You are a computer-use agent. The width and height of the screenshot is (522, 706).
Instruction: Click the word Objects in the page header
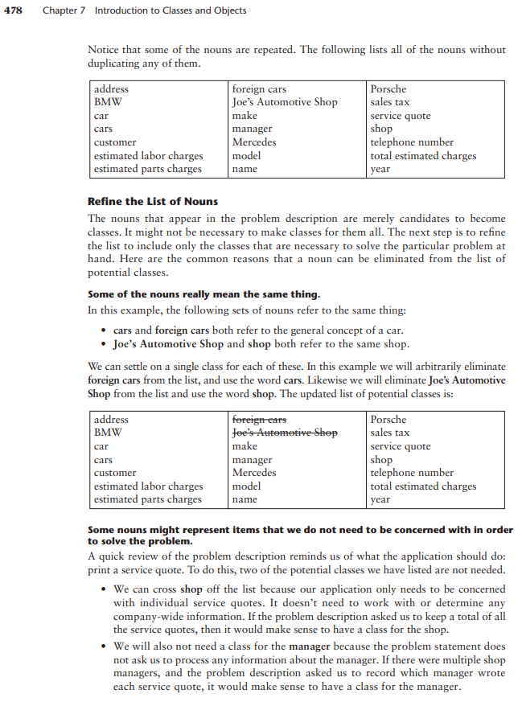(227, 11)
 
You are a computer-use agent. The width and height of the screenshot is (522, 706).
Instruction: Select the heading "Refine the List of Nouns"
(152, 201)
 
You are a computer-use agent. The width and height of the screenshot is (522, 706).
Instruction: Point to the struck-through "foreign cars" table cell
(259, 419)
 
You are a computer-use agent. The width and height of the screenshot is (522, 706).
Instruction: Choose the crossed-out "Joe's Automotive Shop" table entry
(284, 433)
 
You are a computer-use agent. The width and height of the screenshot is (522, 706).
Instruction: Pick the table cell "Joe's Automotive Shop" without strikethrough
(284, 102)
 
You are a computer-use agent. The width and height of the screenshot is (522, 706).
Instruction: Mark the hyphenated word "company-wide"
(146, 616)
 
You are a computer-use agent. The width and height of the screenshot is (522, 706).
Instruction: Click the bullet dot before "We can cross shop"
(105, 589)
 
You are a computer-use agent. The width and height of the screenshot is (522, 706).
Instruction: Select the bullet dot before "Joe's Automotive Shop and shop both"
(105, 344)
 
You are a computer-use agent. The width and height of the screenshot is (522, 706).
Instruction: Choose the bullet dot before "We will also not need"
(105, 646)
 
